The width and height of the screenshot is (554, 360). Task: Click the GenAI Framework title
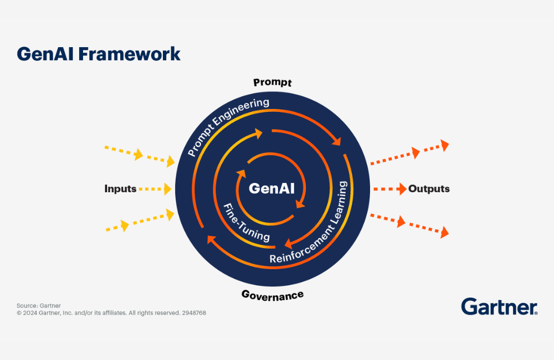(x=98, y=54)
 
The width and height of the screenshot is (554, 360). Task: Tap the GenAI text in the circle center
(x=271, y=188)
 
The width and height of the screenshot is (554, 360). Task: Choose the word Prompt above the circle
(x=272, y=83)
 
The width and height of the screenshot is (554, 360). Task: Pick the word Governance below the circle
(x=272, y=295)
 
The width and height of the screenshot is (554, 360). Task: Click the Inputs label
(x=120, y=189)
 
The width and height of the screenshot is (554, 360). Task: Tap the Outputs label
(x=429, y=189)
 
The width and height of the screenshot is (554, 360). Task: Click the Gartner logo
(x=499, y=306)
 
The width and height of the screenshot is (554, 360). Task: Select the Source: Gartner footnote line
(x=39, y=305)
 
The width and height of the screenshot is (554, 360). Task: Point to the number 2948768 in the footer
(x=194, y=313)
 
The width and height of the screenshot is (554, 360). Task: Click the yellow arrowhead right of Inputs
(x=166, y=189)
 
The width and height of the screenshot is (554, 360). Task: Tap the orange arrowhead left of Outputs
(x=401, y=189)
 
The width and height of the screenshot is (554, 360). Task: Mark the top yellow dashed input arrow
(x=139, y=155)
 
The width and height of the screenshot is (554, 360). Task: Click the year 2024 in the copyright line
(x=29, y=313)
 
